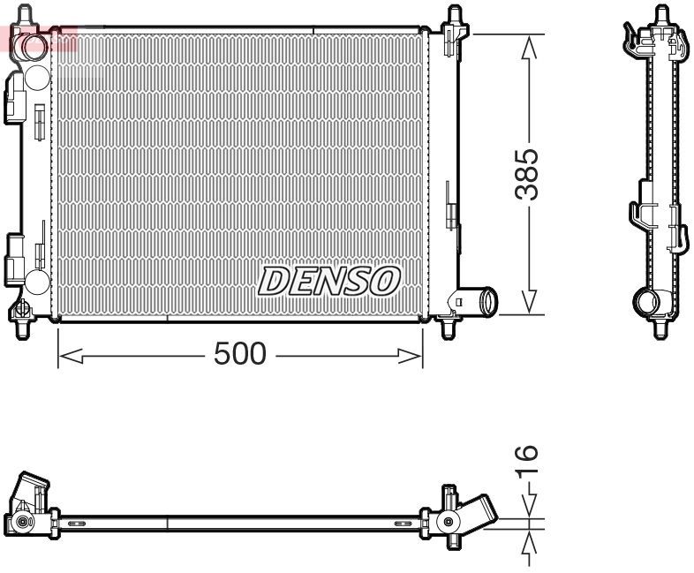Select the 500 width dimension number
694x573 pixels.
click(240, 354)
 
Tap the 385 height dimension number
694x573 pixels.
click(527, 174)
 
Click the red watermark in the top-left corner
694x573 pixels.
click(40, 39)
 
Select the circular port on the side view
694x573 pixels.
click(646, 304)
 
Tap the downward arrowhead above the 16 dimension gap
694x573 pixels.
click(528, 509)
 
